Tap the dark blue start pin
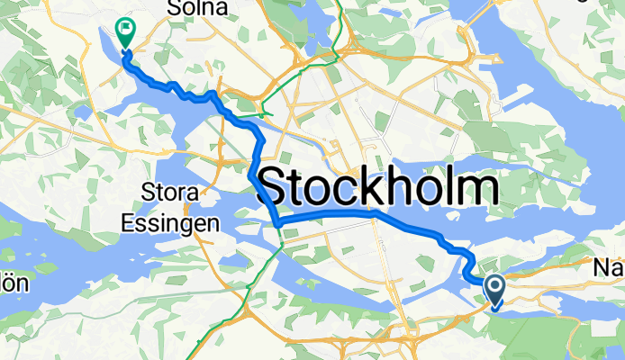pos(495,291)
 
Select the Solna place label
pos(195,8)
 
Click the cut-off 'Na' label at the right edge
pos(609,267)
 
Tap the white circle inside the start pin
pos(495,286)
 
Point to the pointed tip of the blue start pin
pos(495,309)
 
